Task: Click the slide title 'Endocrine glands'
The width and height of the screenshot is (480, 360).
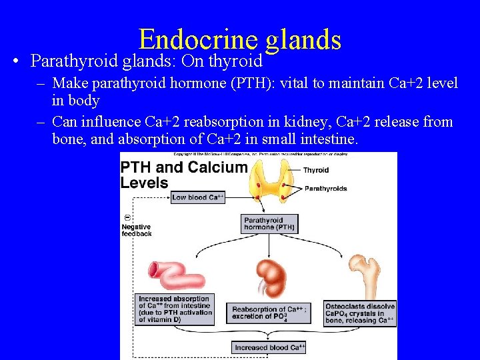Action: [240, 39]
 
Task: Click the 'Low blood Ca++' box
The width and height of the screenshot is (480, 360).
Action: [198, 197]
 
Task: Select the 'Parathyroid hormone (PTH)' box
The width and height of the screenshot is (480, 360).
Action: [269, 223]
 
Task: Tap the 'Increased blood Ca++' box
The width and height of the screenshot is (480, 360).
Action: [269, 347]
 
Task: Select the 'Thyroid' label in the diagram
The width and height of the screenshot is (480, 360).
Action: [316, 171]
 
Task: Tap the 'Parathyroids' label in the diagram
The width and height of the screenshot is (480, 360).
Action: [325, 189]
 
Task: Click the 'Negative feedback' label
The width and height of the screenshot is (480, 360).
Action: [137, 230]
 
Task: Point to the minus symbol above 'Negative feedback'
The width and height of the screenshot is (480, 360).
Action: [127, 218]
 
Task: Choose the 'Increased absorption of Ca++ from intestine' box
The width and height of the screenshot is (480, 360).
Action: [175, 309]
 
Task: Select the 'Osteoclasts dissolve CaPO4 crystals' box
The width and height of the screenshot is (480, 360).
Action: [360, 313]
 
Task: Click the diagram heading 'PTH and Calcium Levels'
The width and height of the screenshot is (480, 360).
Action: [183, 175]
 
